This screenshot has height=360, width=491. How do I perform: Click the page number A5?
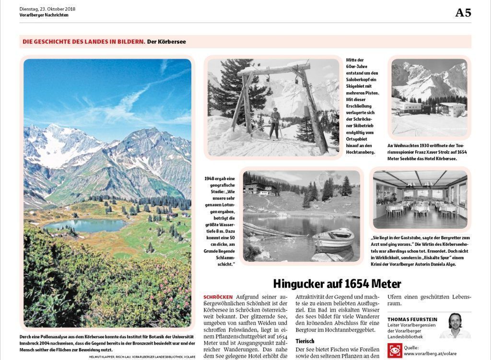[463, 13]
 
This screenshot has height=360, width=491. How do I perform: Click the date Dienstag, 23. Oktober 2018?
[47, 9]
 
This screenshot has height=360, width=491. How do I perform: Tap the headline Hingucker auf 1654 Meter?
[337, 283]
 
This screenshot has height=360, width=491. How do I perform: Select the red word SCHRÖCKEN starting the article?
[218, 297]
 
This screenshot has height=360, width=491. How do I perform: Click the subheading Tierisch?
[305, 341]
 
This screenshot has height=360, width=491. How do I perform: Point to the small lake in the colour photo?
[86, 225]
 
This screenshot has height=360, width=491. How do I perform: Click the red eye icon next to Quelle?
[395, 350]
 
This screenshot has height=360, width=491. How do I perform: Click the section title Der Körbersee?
[166, 42]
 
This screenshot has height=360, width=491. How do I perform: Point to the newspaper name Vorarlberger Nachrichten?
[44, 15]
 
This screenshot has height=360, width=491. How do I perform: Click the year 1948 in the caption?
[209, 178]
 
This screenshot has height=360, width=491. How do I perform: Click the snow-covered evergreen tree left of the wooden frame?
[230, 91]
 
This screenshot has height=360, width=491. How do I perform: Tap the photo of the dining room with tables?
[420, 199]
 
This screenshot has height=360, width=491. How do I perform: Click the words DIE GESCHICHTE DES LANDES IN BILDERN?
[83, 42]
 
